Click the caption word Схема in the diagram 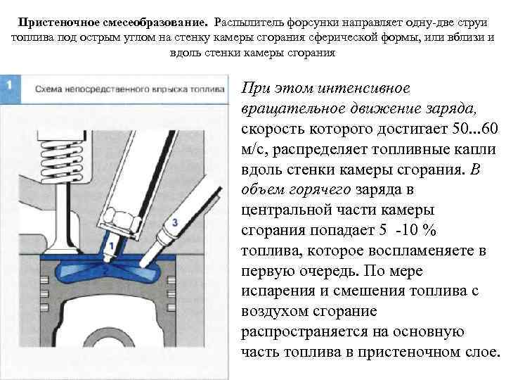48,89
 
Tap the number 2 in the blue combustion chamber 105,270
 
